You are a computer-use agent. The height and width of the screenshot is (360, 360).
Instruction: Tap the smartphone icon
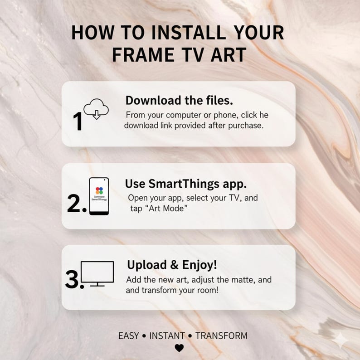(x=99, y=196)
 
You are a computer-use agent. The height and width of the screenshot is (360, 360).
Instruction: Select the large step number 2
(x=76, y=204)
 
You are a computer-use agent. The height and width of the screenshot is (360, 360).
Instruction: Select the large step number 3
(x=74, y=280)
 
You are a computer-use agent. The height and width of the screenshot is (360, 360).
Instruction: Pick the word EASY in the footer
(x=128, y=336)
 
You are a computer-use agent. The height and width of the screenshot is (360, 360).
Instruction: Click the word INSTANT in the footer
(x=167, y=336)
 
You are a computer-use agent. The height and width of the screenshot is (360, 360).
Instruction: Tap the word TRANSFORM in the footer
(x=221, y=336)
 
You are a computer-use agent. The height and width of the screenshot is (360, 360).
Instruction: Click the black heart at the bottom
(x=180, y=348)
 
